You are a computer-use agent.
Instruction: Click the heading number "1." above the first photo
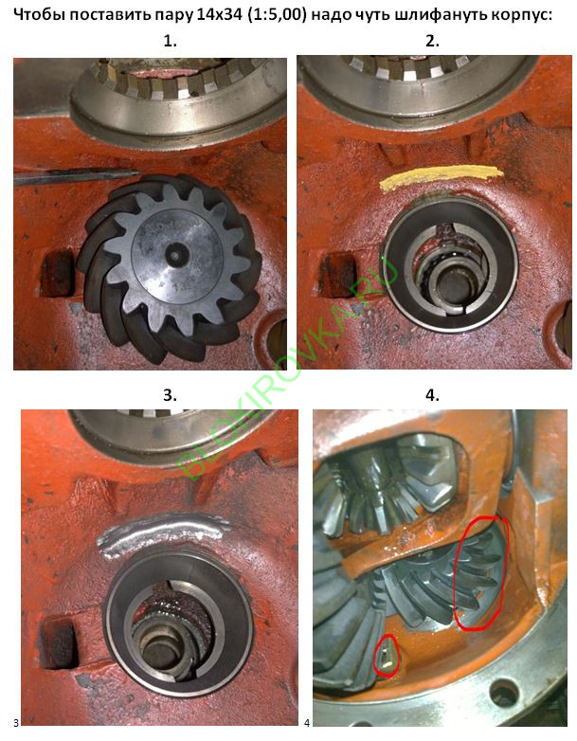point(170,41)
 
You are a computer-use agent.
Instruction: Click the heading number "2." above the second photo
point(432,41)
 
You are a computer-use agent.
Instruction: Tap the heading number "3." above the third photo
point(170,394)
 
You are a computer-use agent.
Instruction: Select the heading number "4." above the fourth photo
point(432,394)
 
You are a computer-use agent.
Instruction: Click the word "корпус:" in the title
point(521,16)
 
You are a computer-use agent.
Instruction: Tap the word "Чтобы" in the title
point(39,14)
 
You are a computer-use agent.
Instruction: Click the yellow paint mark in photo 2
point(442,178)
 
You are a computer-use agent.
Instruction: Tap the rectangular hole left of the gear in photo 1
point(58,273)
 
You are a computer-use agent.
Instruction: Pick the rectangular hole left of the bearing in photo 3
point(59,643)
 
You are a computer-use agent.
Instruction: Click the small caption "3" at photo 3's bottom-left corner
point(16,723)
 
